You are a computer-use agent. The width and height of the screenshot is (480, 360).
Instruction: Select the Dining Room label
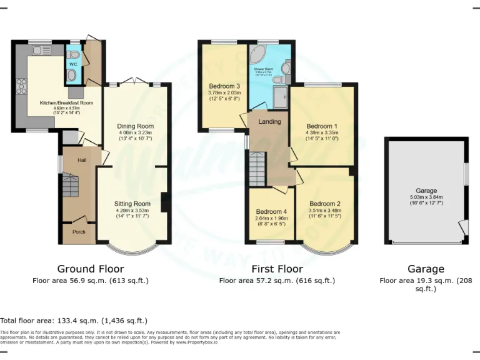pos(136,126)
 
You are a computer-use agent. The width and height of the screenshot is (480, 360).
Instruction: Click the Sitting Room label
pos(132,204)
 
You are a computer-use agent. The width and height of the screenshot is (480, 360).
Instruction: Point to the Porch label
pos(79,232)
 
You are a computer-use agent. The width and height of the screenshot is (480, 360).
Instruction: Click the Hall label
pos(82,161)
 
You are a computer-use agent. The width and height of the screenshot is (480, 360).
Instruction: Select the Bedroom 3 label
pos(224,86)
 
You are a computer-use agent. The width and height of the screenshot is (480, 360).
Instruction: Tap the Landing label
pos(270,121)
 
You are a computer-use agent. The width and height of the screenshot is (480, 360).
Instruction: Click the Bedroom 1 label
pos(321,126)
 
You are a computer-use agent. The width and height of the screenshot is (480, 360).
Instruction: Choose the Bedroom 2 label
pos(324,204)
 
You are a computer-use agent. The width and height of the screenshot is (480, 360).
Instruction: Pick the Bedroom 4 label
pos(271,211)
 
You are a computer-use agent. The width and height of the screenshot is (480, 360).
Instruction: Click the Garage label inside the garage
pos(426,191)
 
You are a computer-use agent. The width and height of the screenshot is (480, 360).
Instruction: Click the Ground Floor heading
pos(91,269)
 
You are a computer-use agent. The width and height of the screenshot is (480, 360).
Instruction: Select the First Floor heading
pos(277,269)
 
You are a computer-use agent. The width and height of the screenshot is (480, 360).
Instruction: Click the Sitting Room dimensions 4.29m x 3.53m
pos(132,211)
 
